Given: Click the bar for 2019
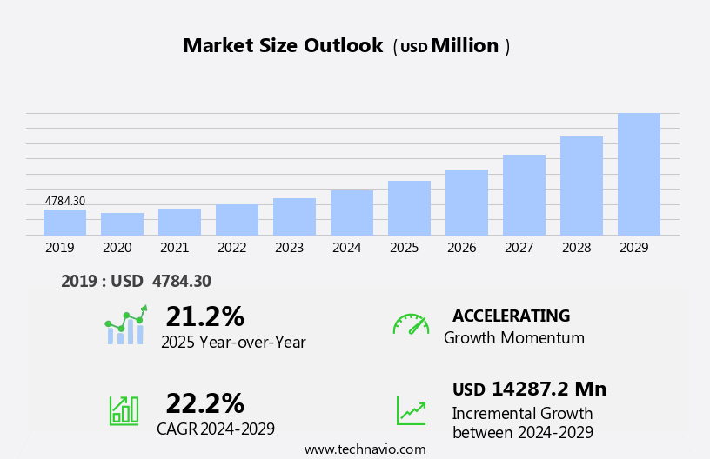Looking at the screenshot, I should point(64,223).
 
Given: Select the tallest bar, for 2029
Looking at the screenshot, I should point(639,175).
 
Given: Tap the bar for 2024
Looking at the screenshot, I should point(352,213).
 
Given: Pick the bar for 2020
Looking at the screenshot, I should point(122,224).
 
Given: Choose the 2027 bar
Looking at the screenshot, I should point(524,195).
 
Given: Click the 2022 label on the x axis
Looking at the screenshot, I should point(231,248).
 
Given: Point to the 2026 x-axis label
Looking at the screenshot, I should point(461,248).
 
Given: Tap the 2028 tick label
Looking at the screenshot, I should point(576,248).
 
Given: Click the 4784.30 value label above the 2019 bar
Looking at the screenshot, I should point(65,202).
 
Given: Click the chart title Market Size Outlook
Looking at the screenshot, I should point(283,46).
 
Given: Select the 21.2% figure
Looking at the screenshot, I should point(204,316).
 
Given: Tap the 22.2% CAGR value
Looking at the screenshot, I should point(204,403).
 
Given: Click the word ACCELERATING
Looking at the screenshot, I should point(511,316).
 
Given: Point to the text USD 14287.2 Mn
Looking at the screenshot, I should point(529,389).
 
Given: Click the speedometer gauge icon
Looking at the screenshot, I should point(411,324).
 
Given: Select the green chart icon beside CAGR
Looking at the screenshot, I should point(124,409).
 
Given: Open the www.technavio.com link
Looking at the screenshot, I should point(365,449).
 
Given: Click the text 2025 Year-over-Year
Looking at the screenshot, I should point(233,343).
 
